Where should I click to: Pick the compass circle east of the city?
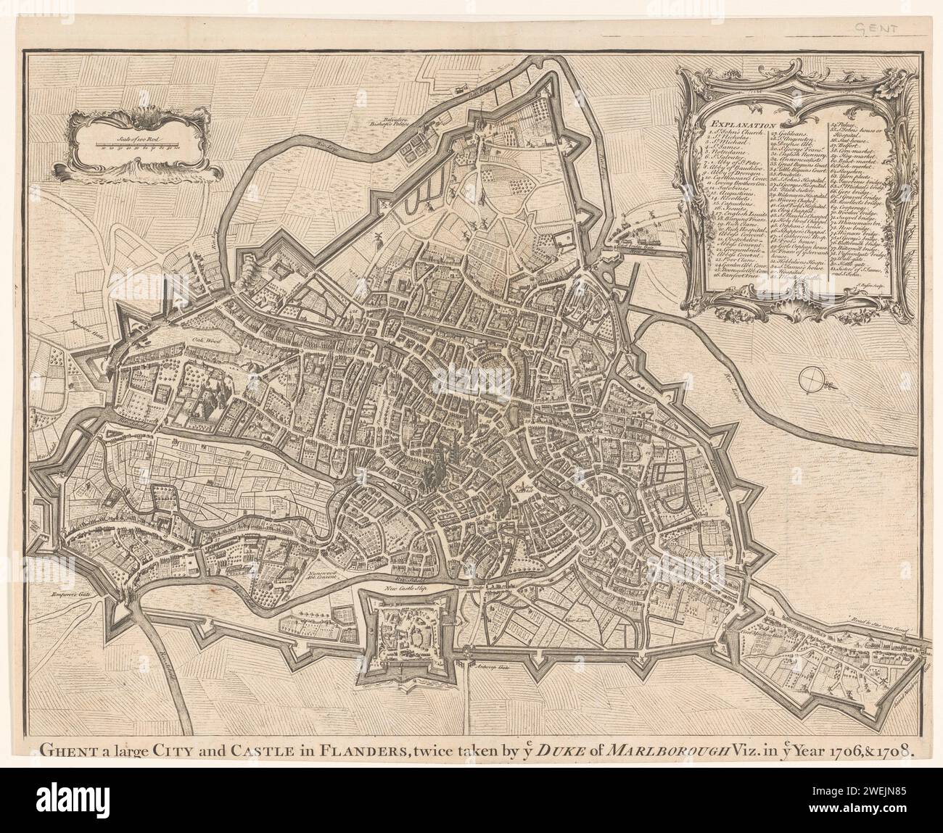[814, 378]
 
